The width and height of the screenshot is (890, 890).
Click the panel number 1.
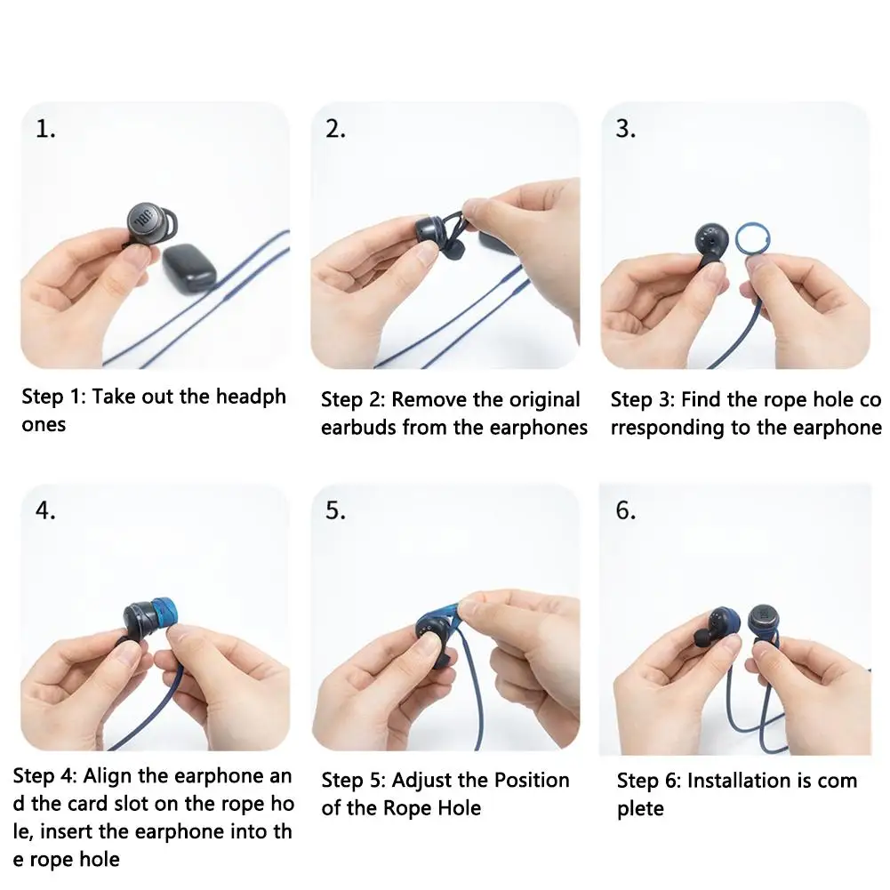click(x=44, y=130)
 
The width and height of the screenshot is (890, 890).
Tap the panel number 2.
click(x=335, y=130)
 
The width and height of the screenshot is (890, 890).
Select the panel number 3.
click(x=626, y=130)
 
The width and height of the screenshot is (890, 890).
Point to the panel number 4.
click(x=44, y=511)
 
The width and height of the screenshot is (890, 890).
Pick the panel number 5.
click(x=335, y=511)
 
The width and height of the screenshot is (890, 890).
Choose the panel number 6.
click(x=626, y=511)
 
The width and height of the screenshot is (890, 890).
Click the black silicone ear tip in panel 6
click(x=702, y=638)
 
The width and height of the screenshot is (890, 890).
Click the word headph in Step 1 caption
click(x=251, y=397)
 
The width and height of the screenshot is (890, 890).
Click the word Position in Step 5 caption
click(x=532, y=781)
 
